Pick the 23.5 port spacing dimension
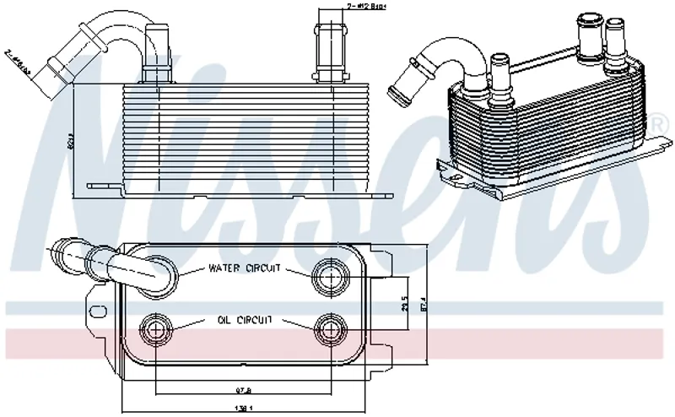404,301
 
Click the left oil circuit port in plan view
157,328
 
